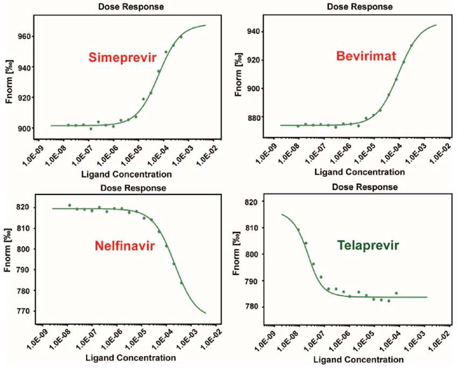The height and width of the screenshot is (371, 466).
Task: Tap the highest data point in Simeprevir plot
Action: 181,37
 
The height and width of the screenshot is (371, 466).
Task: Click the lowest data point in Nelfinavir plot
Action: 182,283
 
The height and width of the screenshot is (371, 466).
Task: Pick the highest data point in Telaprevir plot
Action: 298,230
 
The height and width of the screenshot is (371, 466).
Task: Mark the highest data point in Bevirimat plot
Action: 412,45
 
